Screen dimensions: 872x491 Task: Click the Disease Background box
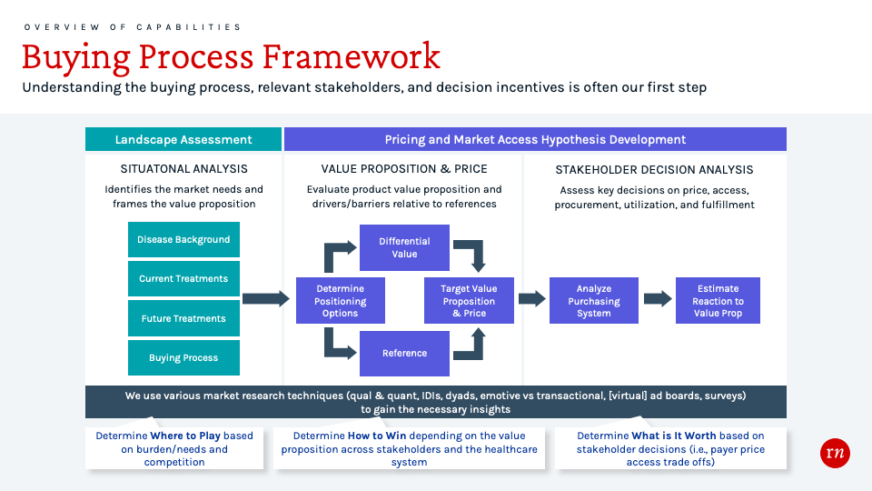(183, 239)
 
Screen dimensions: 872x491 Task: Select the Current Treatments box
(183, 278)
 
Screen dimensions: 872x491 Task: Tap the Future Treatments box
(183, 318)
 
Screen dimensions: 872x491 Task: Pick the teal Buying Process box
(183, 357)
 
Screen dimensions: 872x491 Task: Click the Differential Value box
(404, 247)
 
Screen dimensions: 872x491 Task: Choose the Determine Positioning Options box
(341, 301)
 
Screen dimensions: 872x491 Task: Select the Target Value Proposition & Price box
(469, 301)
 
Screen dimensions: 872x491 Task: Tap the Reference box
(404, 354)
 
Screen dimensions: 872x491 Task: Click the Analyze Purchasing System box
(594, 301)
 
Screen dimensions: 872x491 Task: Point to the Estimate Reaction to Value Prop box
(718, 301)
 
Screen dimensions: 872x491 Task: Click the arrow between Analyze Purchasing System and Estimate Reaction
(658, 299)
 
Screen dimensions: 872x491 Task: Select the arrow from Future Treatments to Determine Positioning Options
(266, 299)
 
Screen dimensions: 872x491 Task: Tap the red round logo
(835, 453)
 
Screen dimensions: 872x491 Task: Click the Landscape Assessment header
(183, 139)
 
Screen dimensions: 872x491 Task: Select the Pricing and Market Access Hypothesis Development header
(536, 139)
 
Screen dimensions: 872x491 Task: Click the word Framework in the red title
(351, 56)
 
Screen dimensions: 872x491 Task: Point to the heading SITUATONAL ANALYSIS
(184, 169)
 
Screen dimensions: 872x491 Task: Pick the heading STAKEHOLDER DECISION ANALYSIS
(654, 170)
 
